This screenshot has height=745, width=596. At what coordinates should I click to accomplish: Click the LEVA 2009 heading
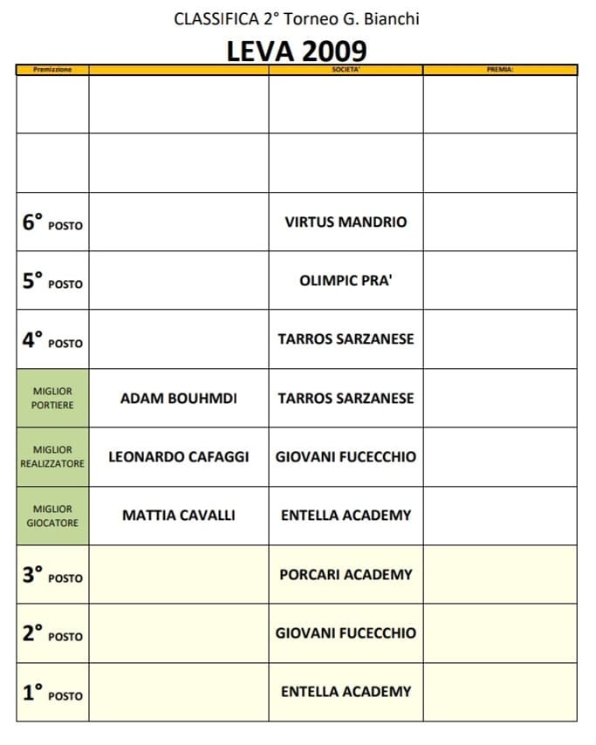click(x=297, y=50)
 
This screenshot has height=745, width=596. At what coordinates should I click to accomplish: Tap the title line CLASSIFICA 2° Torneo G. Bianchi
click(x=297, y=18)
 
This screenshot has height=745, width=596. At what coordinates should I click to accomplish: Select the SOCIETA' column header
click(x=346, y=70)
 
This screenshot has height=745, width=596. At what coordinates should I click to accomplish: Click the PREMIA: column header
click(x=500, y=70)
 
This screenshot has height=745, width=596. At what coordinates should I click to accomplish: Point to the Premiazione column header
click(x=52, y=70)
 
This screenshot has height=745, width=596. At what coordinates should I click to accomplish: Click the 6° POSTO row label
click(x=52, y=222)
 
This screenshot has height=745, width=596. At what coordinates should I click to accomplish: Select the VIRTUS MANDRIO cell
click(x=346, y=222)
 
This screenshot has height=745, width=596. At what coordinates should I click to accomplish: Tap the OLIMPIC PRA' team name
click(x=346, y=281)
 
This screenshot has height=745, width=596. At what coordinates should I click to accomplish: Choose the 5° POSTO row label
click(x=52, y=281)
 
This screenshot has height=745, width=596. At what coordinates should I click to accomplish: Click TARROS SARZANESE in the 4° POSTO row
click(x=346, y=339)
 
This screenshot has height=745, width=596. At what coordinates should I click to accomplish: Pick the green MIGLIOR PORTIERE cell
click(x=52, y=399)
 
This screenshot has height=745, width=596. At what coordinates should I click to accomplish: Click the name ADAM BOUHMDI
click(x=179, y=399)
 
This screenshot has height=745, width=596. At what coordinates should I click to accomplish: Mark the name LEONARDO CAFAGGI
click(x=179, y=457)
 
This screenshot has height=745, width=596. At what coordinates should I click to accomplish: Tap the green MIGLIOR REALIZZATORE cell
click(x=52, y=457)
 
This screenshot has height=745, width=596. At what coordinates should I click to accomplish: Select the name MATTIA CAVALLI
click(x=179, y=516)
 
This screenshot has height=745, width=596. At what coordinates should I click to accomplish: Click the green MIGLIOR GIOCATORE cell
click(x=52, y=516)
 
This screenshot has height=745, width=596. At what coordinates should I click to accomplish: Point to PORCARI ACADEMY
click(x=346, y=575)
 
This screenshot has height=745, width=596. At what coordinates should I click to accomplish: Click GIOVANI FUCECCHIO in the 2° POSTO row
click(x=346, y=633)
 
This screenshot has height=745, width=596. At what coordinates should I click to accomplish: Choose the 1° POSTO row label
click(x=52, y=693)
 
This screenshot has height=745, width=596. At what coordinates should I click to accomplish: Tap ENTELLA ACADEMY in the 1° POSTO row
click(x=346, y=692)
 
